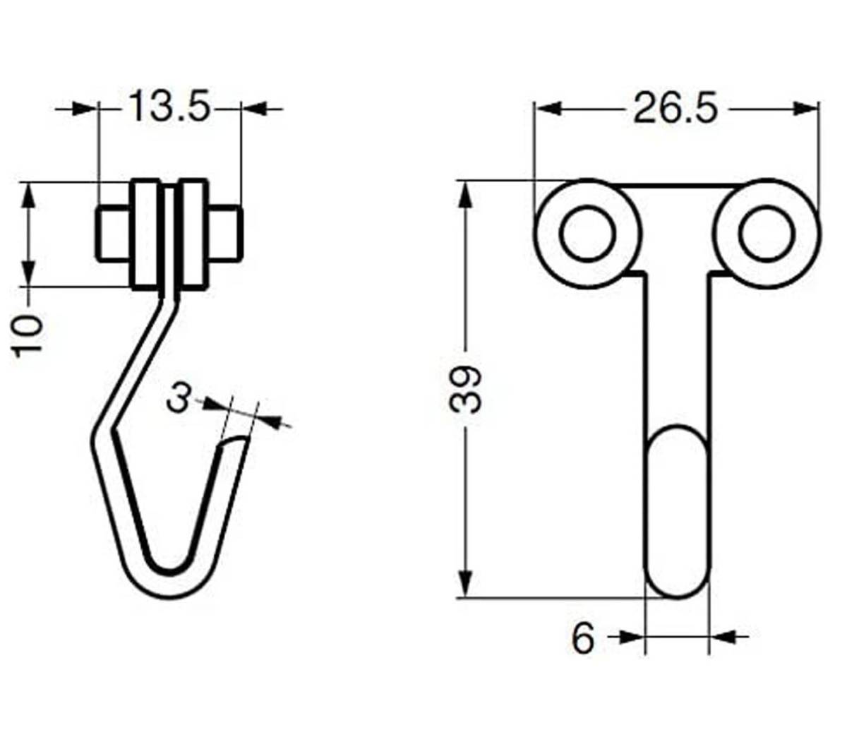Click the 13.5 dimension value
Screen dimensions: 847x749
point(169,107)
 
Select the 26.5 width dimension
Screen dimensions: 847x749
point(675,108)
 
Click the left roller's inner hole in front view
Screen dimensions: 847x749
point(587,234)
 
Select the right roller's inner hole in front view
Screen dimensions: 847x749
point(767,234)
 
